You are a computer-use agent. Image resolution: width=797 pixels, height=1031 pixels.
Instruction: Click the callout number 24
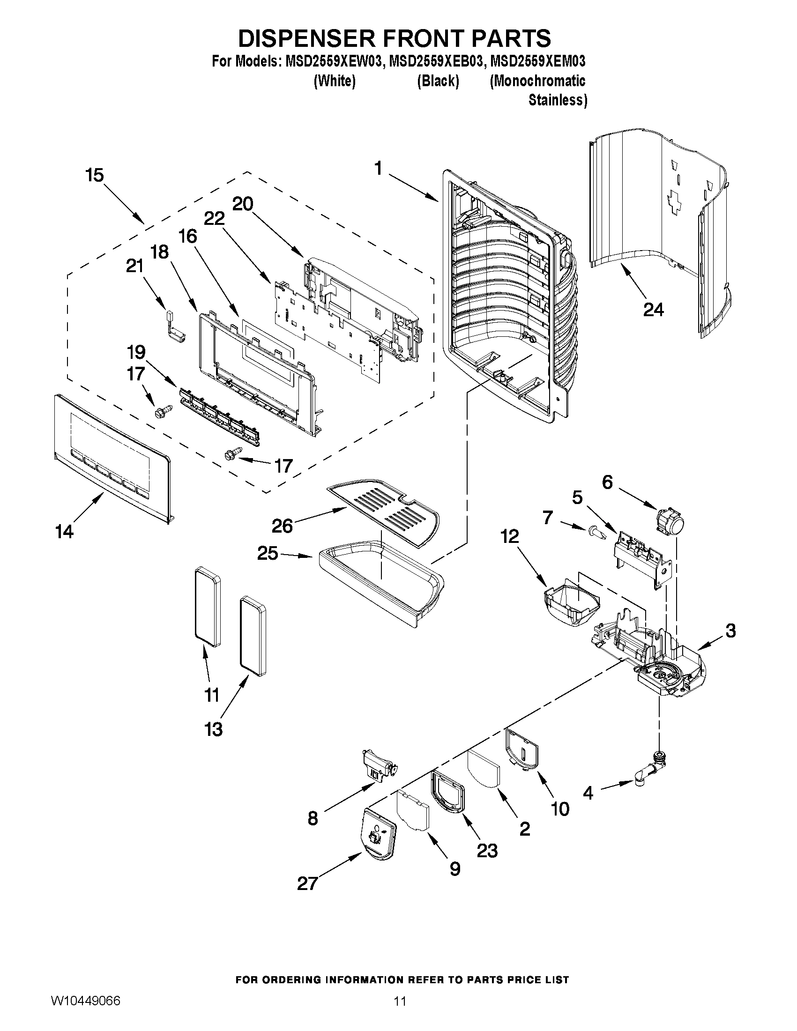tap(653, 310)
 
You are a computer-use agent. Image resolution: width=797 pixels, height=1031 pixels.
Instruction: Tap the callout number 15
tap(94, 175)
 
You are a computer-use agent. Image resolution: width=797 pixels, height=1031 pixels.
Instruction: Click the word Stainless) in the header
tap(557, 100)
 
